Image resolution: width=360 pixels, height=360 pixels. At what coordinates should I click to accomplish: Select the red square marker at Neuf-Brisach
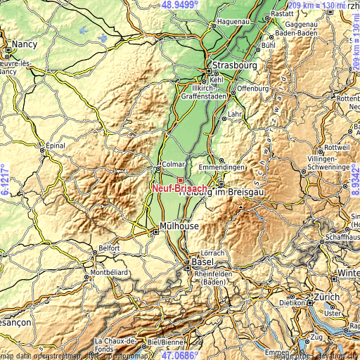[x=180, y=180]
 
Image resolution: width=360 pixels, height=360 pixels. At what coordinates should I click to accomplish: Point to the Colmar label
[x=173, y=165]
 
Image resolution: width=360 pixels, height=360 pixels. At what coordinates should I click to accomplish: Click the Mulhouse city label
[x=179, y=226]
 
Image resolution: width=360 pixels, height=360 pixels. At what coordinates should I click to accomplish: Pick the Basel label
[x=203, y=262]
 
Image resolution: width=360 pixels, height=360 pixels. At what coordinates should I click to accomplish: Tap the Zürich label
[x=328, y=297]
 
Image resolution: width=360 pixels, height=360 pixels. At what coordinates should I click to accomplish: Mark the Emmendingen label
[x=222, y=167]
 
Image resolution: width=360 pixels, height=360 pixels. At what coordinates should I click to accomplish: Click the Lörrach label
[x=213, y=252]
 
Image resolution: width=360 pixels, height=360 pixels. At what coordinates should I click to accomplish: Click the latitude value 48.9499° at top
[x=181, y=5]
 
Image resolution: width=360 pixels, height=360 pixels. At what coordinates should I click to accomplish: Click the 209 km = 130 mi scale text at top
[x=317, y=5]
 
